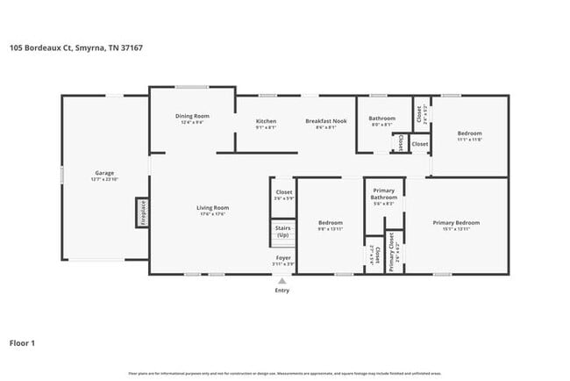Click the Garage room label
104,173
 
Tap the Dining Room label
192,116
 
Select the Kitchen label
266,120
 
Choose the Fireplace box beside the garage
140,213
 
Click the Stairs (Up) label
282,232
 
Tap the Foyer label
282,258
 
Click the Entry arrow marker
281,281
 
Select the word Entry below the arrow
281,290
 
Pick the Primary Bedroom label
456,222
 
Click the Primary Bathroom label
384,194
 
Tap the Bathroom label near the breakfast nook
381,118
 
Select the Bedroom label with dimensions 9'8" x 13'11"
330,223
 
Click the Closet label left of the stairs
283,191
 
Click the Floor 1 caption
22,343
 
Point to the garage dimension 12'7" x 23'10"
104,178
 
